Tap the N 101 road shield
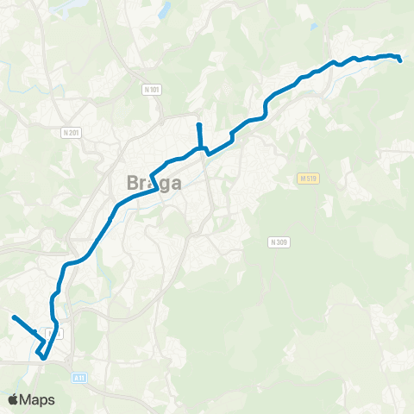click(x=152, y=90)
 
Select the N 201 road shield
click(x=71, y=133)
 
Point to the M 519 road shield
click(x=307, y=179)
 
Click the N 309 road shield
click(x=278, y=242)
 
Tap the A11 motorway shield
click(x=79, y=377)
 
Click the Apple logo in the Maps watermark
click(x=13, y=399)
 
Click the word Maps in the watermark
click(x=38, y=399)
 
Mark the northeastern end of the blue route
click(x=400, y=60)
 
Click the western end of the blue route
click(x=14, y=317)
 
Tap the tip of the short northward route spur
click(x=198, y=126)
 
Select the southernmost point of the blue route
click(x=41, y=355)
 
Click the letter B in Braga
click(x=119, y=184)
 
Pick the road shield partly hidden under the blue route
click(x=54, y=333)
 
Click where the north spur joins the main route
click(x=200, y=148)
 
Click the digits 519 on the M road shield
click(x=310, y=179)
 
